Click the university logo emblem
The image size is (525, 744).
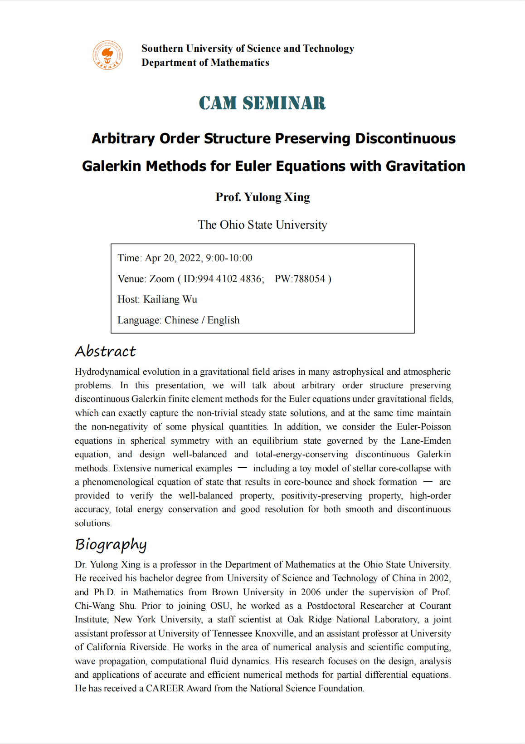point(107,55)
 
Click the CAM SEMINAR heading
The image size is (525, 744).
point(262,103)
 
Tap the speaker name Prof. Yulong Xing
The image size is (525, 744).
point(262,197)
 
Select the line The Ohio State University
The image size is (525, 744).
point(262,225)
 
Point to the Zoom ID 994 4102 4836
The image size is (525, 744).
point(230,279)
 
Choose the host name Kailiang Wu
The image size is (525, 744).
point(170,299)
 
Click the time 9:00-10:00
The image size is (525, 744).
point(229,258)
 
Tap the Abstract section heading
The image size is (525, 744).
point(105,351)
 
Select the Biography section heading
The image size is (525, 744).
point(111,544)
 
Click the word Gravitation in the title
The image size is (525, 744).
point(425,166)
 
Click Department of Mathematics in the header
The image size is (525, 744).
point(205,63)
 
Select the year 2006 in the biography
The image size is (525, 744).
point(311,592)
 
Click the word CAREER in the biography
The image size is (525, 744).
point(165,688)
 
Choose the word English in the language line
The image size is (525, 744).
point(223,320)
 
